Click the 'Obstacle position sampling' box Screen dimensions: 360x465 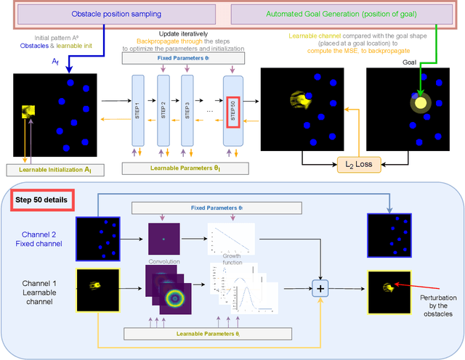pos(116,15)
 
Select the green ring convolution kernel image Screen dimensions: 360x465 pos(174,299)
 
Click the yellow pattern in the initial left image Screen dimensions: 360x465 pos(28,110)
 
